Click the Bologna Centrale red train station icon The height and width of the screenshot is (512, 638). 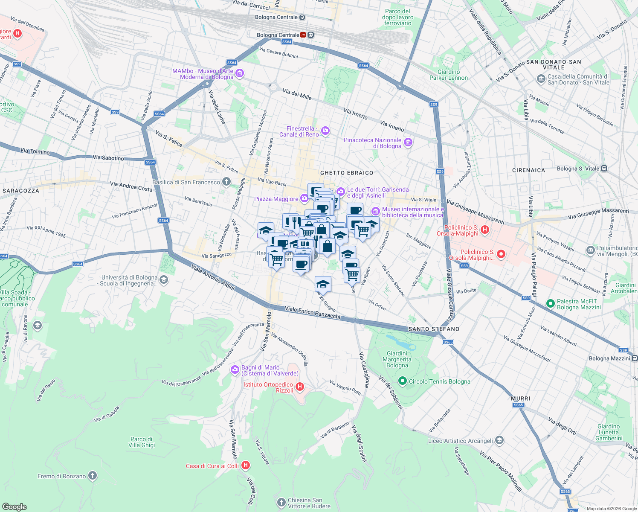click(303, 35)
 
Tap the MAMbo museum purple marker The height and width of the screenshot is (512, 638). click(240, 74)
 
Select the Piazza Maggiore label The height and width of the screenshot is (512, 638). click(276, 199)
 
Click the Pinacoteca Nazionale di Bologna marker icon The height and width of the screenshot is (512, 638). click(408, 143)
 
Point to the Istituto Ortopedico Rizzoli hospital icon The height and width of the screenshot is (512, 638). click(300, 387)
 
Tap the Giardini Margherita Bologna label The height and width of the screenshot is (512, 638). click(397, 359)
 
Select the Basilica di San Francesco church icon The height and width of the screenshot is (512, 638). click(226, 182)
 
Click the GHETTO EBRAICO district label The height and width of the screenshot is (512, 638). click(346, 173)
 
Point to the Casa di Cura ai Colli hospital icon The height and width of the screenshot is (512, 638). click(246, 465)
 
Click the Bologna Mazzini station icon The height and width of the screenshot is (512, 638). click(635, 358)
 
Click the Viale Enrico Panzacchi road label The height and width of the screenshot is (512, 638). click(312, 312)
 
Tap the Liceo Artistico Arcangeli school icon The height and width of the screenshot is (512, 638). click(499, 440)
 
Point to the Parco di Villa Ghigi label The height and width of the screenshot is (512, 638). click(142, 442)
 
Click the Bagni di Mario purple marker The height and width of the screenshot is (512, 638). click(235, 370)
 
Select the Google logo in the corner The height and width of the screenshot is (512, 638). click(14, 506)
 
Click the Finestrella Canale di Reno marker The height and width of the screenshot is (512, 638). click(325, 131)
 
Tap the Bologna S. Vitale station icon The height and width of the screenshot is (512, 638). click(604, 169)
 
